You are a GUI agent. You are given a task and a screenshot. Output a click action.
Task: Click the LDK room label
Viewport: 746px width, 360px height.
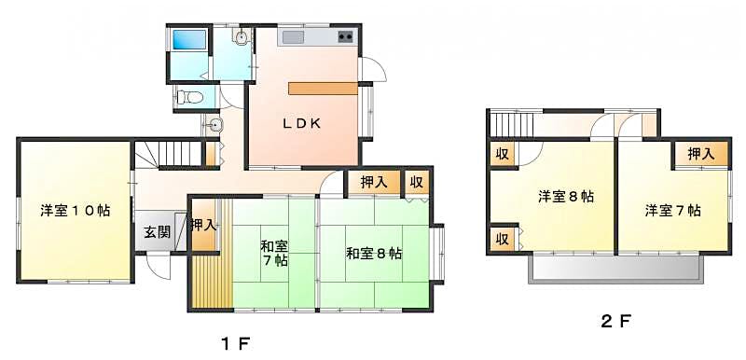click(x=301, y=124)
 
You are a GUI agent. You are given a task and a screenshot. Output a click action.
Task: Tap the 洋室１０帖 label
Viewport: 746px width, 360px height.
click(x=76, y=210)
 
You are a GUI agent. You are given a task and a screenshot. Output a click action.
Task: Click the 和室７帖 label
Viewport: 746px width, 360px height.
click(x=273, y=254)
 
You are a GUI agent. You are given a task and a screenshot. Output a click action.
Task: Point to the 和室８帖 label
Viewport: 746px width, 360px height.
click(x=374, y=254)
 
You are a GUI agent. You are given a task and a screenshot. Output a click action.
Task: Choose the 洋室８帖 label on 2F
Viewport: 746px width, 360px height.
click(x=566, y=197)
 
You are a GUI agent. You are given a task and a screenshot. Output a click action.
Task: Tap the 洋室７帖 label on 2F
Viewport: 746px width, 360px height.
click(x=672, y=210)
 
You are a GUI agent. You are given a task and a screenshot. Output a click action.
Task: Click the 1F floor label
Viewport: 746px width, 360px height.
click(x=236, y=343)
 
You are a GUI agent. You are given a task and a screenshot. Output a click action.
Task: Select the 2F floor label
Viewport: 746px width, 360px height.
click(x=615, y=322)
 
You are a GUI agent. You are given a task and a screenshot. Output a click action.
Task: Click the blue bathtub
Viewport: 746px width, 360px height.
click(x=190, y=39)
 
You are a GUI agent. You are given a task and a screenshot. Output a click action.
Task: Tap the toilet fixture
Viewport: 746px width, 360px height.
click(x=190, y=98)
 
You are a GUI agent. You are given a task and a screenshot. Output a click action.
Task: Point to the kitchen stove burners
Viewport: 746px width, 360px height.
click(x=345, y=36)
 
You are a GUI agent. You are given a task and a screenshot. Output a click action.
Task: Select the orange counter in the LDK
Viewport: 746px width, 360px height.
click(x=323, y=89)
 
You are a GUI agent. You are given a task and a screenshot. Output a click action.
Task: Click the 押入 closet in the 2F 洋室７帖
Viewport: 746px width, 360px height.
click(x=701, y=154)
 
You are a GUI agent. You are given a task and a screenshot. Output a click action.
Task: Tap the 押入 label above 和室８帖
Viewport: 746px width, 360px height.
click(x=374, y=183)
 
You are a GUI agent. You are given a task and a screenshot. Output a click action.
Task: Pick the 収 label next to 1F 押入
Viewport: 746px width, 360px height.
click(x=417, y=183)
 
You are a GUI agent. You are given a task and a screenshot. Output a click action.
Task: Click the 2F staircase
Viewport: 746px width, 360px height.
click(x=512, y=125)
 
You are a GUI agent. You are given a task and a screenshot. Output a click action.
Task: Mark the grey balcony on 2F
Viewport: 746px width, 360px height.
click(x=615, y=270)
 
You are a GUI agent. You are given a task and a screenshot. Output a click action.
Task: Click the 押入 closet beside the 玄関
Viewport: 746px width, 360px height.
click(x=204, y=225)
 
